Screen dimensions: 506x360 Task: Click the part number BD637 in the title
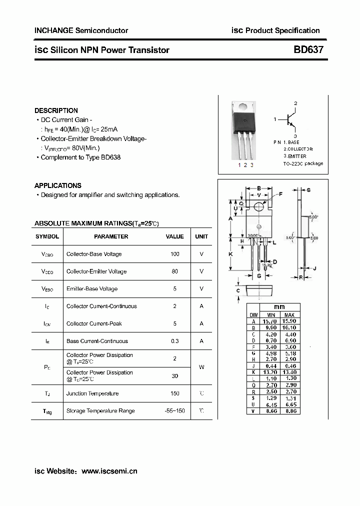[308, 50]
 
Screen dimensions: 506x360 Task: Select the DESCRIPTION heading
[56, 110]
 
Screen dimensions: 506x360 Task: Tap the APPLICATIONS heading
[57, 185]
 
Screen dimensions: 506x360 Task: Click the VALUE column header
[174, 236]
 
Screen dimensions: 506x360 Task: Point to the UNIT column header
[201, 236]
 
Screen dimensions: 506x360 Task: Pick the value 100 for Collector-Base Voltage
[174, 254]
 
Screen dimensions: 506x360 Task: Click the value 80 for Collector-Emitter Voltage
[174, 271]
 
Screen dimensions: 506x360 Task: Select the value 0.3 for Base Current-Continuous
[174, 341]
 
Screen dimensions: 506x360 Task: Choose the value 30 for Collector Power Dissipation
[174, 376]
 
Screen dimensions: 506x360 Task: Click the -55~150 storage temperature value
[174, 410]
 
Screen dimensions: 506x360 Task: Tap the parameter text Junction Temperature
[92, 393]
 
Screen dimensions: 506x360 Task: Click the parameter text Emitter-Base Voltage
[92, 289]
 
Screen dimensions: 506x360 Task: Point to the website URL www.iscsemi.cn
[109, 471]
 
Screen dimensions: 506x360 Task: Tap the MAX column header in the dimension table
[289, 315]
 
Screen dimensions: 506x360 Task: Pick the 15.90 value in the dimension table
[289, 321]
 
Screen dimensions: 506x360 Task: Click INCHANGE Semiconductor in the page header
[81, 30]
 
